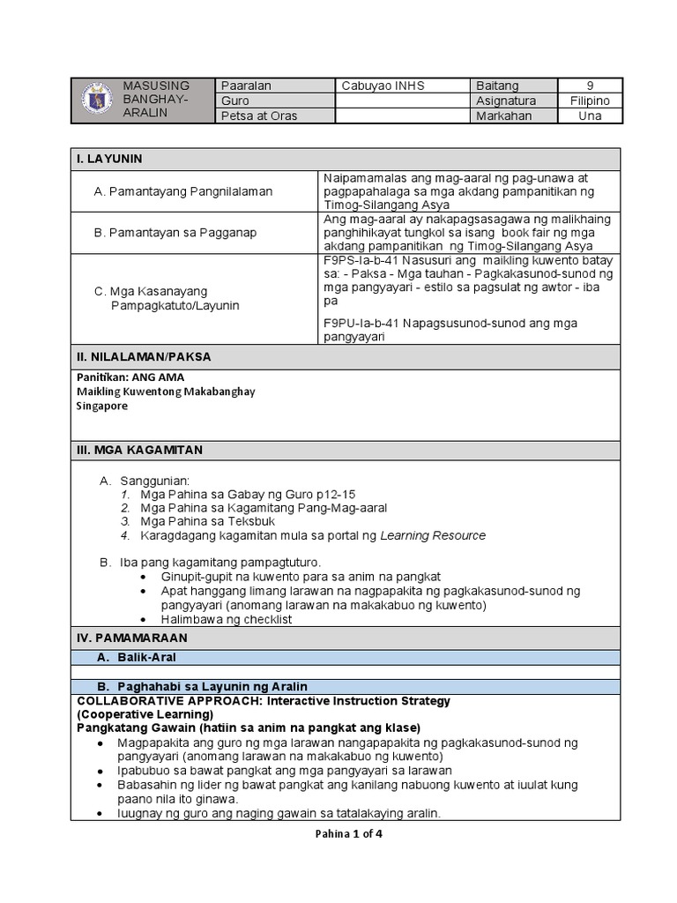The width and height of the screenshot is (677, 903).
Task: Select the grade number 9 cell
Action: coord(590,86)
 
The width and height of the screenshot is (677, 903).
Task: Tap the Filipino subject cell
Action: coord(590,101)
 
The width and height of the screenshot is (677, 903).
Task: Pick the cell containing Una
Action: coord(590,116)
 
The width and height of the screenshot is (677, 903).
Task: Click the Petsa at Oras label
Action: coord(259,116)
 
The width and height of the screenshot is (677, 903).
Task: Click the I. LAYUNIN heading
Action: coord(109,159)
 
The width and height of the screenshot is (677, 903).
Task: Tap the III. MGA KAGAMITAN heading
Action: coord(139,450)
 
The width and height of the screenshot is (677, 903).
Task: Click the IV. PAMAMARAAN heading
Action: coord(131,637)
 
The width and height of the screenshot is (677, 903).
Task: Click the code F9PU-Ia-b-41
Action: coord(361,324)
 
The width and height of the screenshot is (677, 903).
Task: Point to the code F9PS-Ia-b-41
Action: coord(361,260)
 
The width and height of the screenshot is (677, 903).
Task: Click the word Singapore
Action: coord(102,407)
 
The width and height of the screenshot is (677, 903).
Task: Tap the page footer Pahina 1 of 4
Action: coord(348,834)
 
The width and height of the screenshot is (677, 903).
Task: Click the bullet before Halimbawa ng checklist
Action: coord(144,619)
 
